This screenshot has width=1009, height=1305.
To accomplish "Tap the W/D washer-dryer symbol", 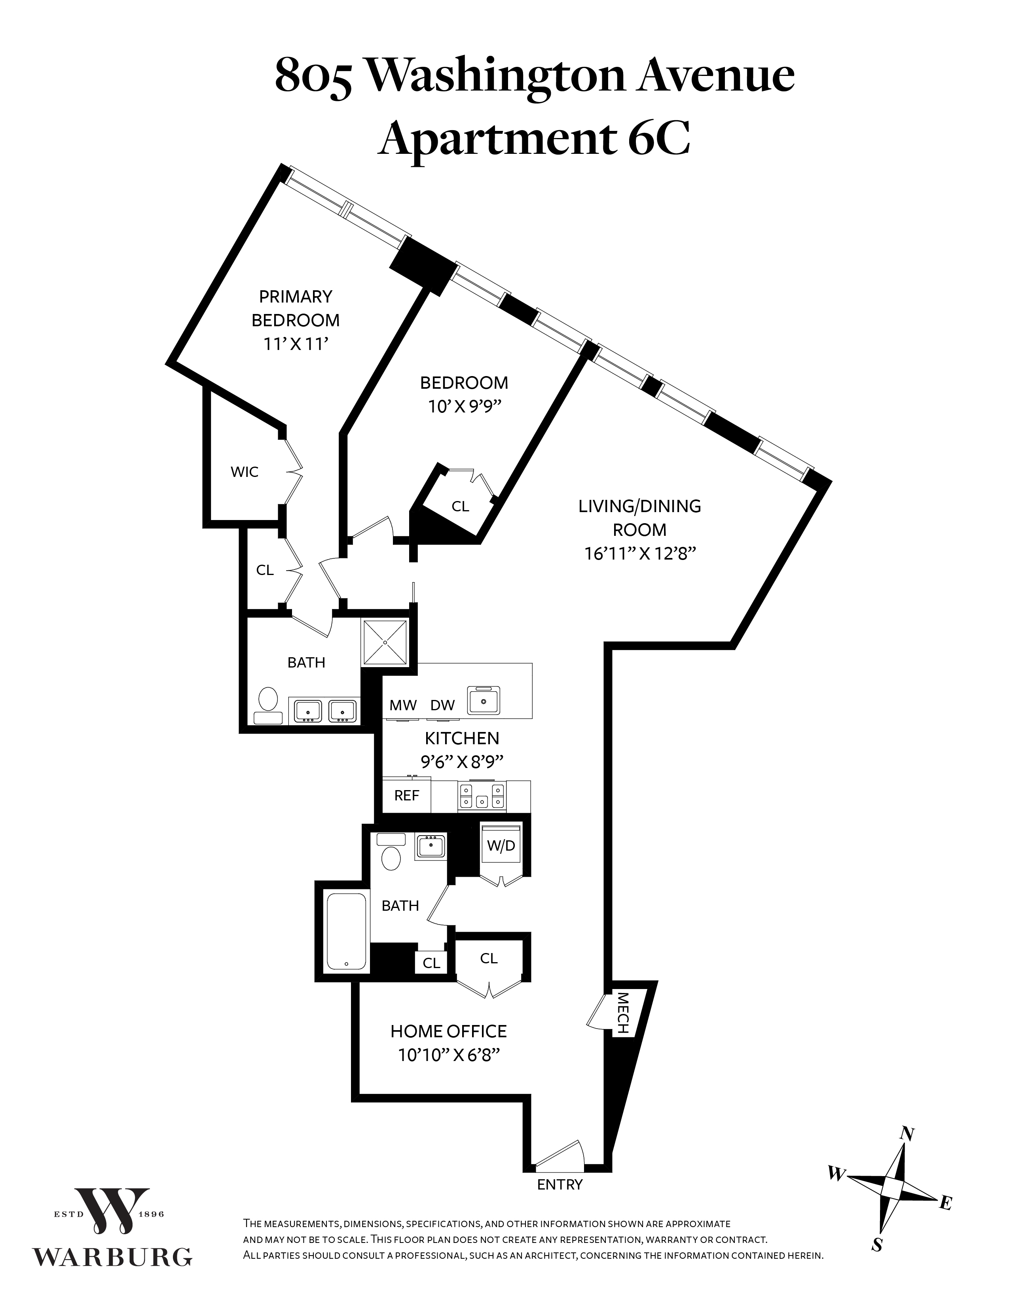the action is (501, 847).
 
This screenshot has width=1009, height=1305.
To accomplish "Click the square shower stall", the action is (385, 642).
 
